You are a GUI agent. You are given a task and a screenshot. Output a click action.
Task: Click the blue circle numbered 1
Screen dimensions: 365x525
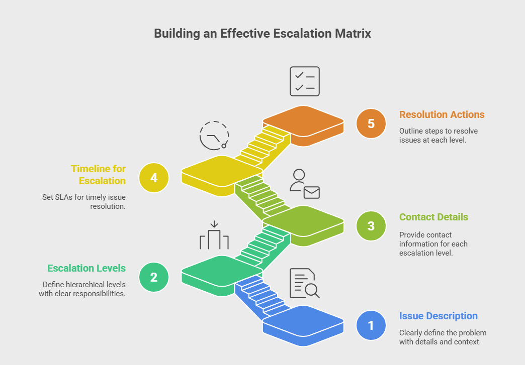click(x=371, y=325)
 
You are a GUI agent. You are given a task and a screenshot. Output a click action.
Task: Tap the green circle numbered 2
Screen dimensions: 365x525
click(x=154, y=277)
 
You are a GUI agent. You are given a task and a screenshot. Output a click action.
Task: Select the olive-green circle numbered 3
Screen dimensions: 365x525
click(x=371, y=226)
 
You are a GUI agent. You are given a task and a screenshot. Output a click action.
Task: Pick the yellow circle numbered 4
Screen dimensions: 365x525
click(x=154, y=177)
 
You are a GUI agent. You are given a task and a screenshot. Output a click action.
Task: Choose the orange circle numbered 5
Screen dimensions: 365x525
click(x=371, y=124)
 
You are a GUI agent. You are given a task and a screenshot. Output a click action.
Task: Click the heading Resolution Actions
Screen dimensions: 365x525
click(x=442, y=114)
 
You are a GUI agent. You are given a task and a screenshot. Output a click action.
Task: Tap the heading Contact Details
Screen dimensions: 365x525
click(x=433, y=217)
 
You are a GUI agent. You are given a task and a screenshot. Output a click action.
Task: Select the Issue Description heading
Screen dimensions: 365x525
click(x=439, y=316)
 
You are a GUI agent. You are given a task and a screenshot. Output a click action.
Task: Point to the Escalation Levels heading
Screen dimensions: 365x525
click(x=86, y=268)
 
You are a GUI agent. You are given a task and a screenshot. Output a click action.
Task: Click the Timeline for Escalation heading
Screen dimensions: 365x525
click(x=98, y=175)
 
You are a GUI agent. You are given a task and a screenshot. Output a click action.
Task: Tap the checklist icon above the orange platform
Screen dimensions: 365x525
click(x=305, y=81)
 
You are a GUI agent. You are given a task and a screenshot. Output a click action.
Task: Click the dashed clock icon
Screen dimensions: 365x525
click(x=214, y=135)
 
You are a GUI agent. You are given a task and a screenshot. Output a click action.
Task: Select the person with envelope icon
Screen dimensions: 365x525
click(x=305, y=184)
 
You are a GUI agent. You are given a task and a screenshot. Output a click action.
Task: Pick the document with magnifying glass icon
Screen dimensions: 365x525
click(x=305, y=284)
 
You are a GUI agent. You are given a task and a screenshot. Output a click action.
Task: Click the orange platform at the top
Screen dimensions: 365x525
click(x=303, y=121)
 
